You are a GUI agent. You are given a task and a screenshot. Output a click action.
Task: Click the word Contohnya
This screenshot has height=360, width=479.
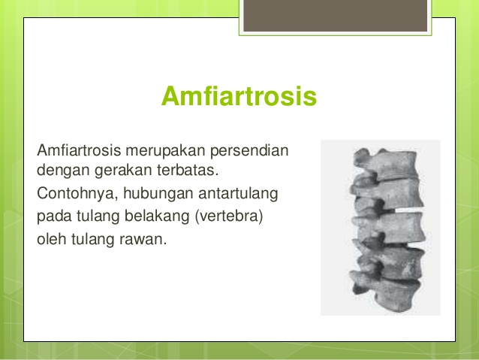point(71,194)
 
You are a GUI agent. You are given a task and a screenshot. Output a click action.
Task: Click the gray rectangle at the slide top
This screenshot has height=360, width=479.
point(335,16)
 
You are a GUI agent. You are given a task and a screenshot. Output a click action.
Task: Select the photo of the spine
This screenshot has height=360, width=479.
point(381,227)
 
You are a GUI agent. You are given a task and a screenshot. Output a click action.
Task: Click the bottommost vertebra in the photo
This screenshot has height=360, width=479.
point(379,295)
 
